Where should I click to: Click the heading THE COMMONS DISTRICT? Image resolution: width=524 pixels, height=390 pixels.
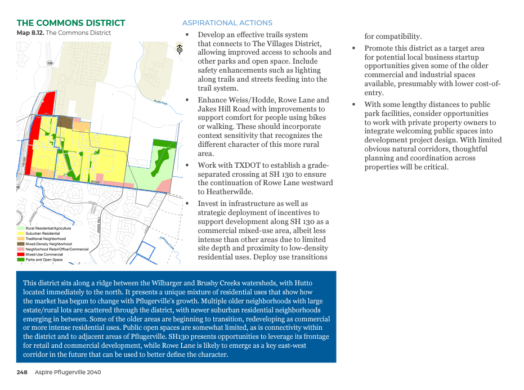coord(71,23)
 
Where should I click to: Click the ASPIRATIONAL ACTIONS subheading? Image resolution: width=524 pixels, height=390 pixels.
coord(227,23)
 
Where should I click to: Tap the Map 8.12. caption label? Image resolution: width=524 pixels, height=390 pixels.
coord(30,33)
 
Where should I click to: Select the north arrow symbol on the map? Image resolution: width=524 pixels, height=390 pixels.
coord(179,50)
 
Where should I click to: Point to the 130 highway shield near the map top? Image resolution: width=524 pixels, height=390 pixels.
coord(50,63)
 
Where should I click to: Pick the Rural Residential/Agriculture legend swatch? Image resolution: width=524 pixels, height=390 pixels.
coord(21,228)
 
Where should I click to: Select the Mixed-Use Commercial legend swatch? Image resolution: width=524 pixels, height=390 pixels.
coord(21,254)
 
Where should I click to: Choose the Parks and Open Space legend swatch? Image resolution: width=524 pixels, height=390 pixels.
coord(21,259)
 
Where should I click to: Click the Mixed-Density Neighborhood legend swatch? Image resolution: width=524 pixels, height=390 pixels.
coord(21,244)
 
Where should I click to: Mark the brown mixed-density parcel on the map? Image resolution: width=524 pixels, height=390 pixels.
coord(65,122)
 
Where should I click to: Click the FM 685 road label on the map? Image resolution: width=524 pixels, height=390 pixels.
coord(25,164)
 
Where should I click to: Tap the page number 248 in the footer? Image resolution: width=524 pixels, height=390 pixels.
coord(22,373)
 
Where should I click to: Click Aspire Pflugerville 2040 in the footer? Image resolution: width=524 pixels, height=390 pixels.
coord(68,373)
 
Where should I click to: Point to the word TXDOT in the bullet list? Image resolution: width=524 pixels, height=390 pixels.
coord(240,165)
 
